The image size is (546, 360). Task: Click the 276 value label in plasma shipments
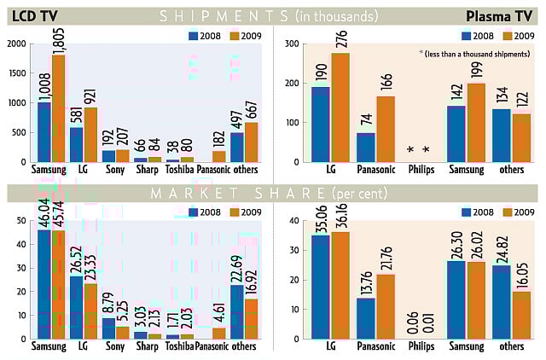pos(340,63)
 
